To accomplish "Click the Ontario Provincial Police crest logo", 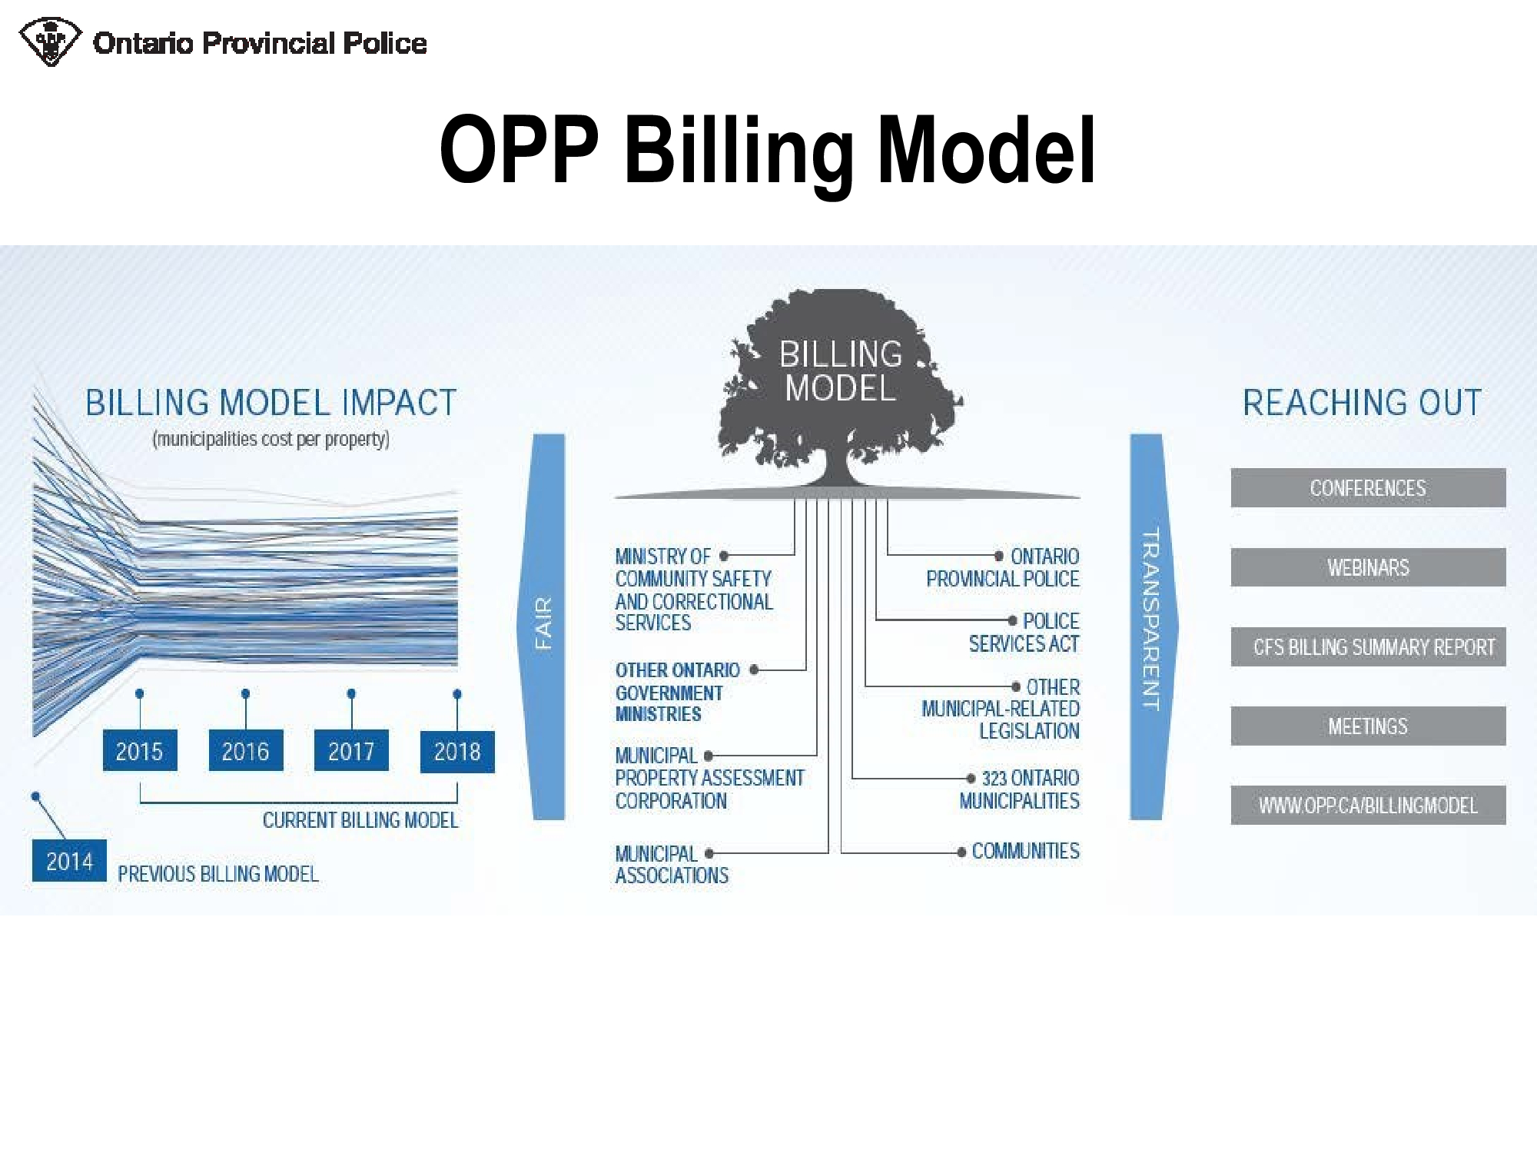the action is click(x=50, y=42).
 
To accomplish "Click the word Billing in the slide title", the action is click(x=739, y=151).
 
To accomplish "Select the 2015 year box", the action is click(x=140, y=750).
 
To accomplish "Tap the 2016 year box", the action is click(x=246, y=750).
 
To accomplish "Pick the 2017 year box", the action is click(x=351, y=750).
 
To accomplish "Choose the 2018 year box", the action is click(x=457, y=751).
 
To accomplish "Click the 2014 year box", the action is click(x=69, y=860).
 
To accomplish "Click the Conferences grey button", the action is click(x=1368, y=488).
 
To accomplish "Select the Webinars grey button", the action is click(x=1368, y=567).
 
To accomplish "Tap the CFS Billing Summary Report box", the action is click(x=1368, y=647).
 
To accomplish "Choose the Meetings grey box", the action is click(x=1368, y=726).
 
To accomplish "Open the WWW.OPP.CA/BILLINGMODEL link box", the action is click(x=1368, y=806).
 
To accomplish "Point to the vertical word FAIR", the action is click(x=544, y=623).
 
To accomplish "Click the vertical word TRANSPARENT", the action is click(x=1150, y=620).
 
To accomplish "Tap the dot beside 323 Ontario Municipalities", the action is click(x=971, y=779).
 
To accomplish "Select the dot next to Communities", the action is click(x=961, y=852).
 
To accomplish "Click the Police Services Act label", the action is click(x=1024, y=633).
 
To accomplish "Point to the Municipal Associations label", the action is click(x=672, y=865).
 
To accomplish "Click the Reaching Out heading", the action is click(x=1363, y=403).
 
